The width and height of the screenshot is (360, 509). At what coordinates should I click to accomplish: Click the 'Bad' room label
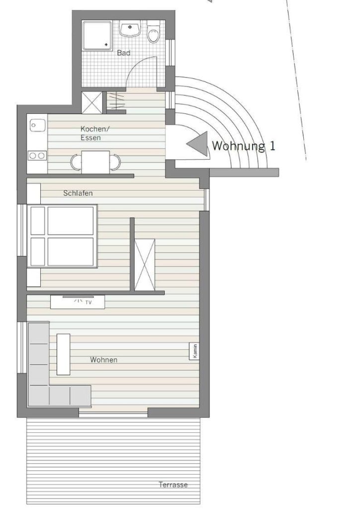pos(124,53)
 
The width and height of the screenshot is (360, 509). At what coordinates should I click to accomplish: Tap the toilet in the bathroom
pos(153,32)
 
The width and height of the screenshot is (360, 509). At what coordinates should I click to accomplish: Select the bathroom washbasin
pos(130,28)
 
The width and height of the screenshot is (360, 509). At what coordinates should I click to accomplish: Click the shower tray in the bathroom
pos(97,35)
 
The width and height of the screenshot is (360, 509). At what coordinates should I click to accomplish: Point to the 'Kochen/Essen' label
pos(95,133)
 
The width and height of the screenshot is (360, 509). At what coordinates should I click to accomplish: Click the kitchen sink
pos(37,125)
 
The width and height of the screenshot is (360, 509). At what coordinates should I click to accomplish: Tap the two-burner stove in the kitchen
pos(37,156)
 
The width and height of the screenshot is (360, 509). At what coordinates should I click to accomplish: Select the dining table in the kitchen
pos(95,162)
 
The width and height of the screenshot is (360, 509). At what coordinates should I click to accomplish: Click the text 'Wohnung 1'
pos(244,146)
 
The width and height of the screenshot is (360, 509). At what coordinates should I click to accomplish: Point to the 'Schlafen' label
pos(78,193)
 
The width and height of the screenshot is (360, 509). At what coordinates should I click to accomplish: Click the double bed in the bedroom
pos(62,236)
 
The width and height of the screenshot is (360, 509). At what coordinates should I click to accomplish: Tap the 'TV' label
pos(89,303)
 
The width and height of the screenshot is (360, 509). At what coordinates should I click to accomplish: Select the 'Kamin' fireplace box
pos(194,351)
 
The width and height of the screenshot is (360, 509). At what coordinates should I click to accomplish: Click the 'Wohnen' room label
pos(103,360)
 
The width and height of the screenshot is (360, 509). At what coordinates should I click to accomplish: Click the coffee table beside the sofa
pos(63,354)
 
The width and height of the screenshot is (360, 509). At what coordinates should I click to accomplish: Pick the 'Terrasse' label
pos(173,485)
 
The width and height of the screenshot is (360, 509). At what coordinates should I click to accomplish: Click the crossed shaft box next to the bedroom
pos(145,264)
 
